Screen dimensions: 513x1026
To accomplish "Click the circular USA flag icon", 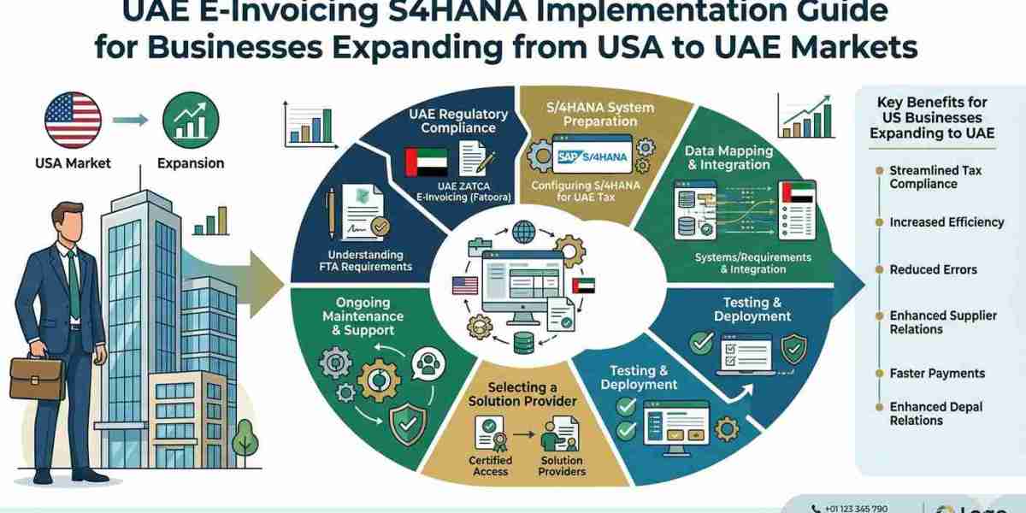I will coord(73,121).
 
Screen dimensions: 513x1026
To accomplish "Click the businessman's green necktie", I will coord(74,274).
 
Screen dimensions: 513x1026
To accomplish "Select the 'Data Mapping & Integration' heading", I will coord(728,157).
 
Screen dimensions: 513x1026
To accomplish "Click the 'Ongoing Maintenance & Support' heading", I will coord(363,316).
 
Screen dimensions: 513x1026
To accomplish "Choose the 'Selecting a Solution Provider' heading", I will coord(522,393).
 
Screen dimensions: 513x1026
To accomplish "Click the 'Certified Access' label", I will coord(491,465).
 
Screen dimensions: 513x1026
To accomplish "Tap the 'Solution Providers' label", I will coord(563,465).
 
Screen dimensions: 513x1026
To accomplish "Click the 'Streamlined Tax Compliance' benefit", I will coord(935,177).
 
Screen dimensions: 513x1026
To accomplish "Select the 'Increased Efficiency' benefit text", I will coord(946,222).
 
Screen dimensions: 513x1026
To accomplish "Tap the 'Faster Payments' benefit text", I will coord(937,373).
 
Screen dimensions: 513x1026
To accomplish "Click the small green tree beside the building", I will coord(245,439).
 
